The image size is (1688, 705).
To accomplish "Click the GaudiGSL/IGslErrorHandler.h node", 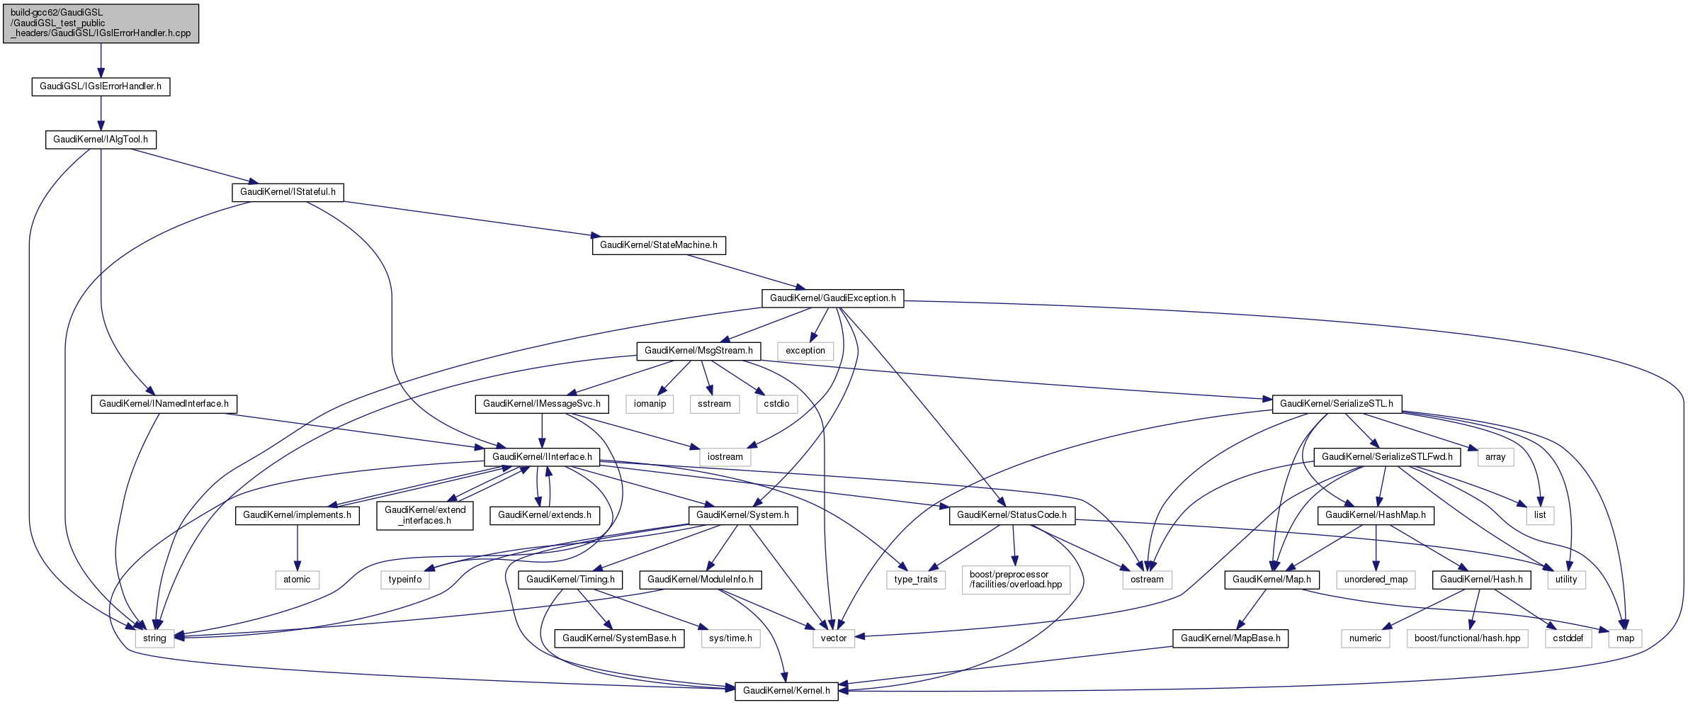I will tap(101, 86).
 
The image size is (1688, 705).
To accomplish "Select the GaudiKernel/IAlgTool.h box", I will tap(101, 140).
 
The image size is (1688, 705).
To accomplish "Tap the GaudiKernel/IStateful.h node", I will tap(288, 192).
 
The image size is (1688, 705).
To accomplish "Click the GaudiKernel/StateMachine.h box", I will tap(658, 245).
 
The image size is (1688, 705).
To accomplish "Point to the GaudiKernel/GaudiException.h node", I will tap(832, 298).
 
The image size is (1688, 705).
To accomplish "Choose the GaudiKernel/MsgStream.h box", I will tap(698, 351).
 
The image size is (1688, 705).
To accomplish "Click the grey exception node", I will tap(805, 351).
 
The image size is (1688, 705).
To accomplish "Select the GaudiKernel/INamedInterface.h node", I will tap(164, 404).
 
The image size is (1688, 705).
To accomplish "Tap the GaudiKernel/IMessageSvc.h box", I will tap(542, 404).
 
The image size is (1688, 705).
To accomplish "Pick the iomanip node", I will tap(650, 404).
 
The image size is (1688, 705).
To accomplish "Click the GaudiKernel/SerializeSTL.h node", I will tap(1336, 404).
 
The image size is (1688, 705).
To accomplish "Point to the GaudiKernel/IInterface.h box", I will tap(542, 457).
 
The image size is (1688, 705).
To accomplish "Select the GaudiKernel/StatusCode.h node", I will tap(1012, 515).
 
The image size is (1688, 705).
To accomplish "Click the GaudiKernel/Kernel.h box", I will tap(786, 691).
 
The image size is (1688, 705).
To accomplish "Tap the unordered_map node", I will tap(1376, 580).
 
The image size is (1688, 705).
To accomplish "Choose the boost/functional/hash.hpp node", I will tap(1467, 638).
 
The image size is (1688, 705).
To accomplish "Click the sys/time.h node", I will tap(730, 638).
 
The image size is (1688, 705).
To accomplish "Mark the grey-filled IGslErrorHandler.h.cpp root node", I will tap(101, 23).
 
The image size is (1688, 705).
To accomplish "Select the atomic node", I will tap(297, 580).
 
